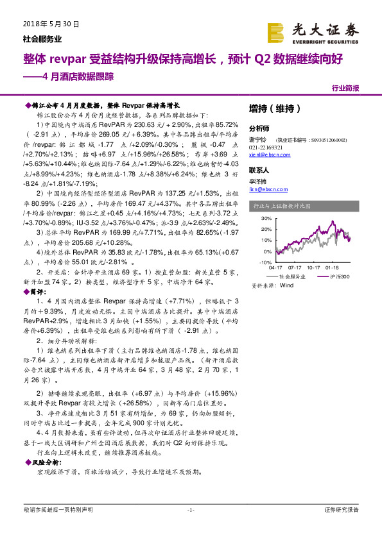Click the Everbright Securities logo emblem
tap(275, 32)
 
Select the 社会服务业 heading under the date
tap(38, 38)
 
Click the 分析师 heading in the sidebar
tap(259, 128)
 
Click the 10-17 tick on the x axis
tap(314, 269)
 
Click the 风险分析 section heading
tap(45, 461)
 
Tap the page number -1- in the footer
tap(190, 510)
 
